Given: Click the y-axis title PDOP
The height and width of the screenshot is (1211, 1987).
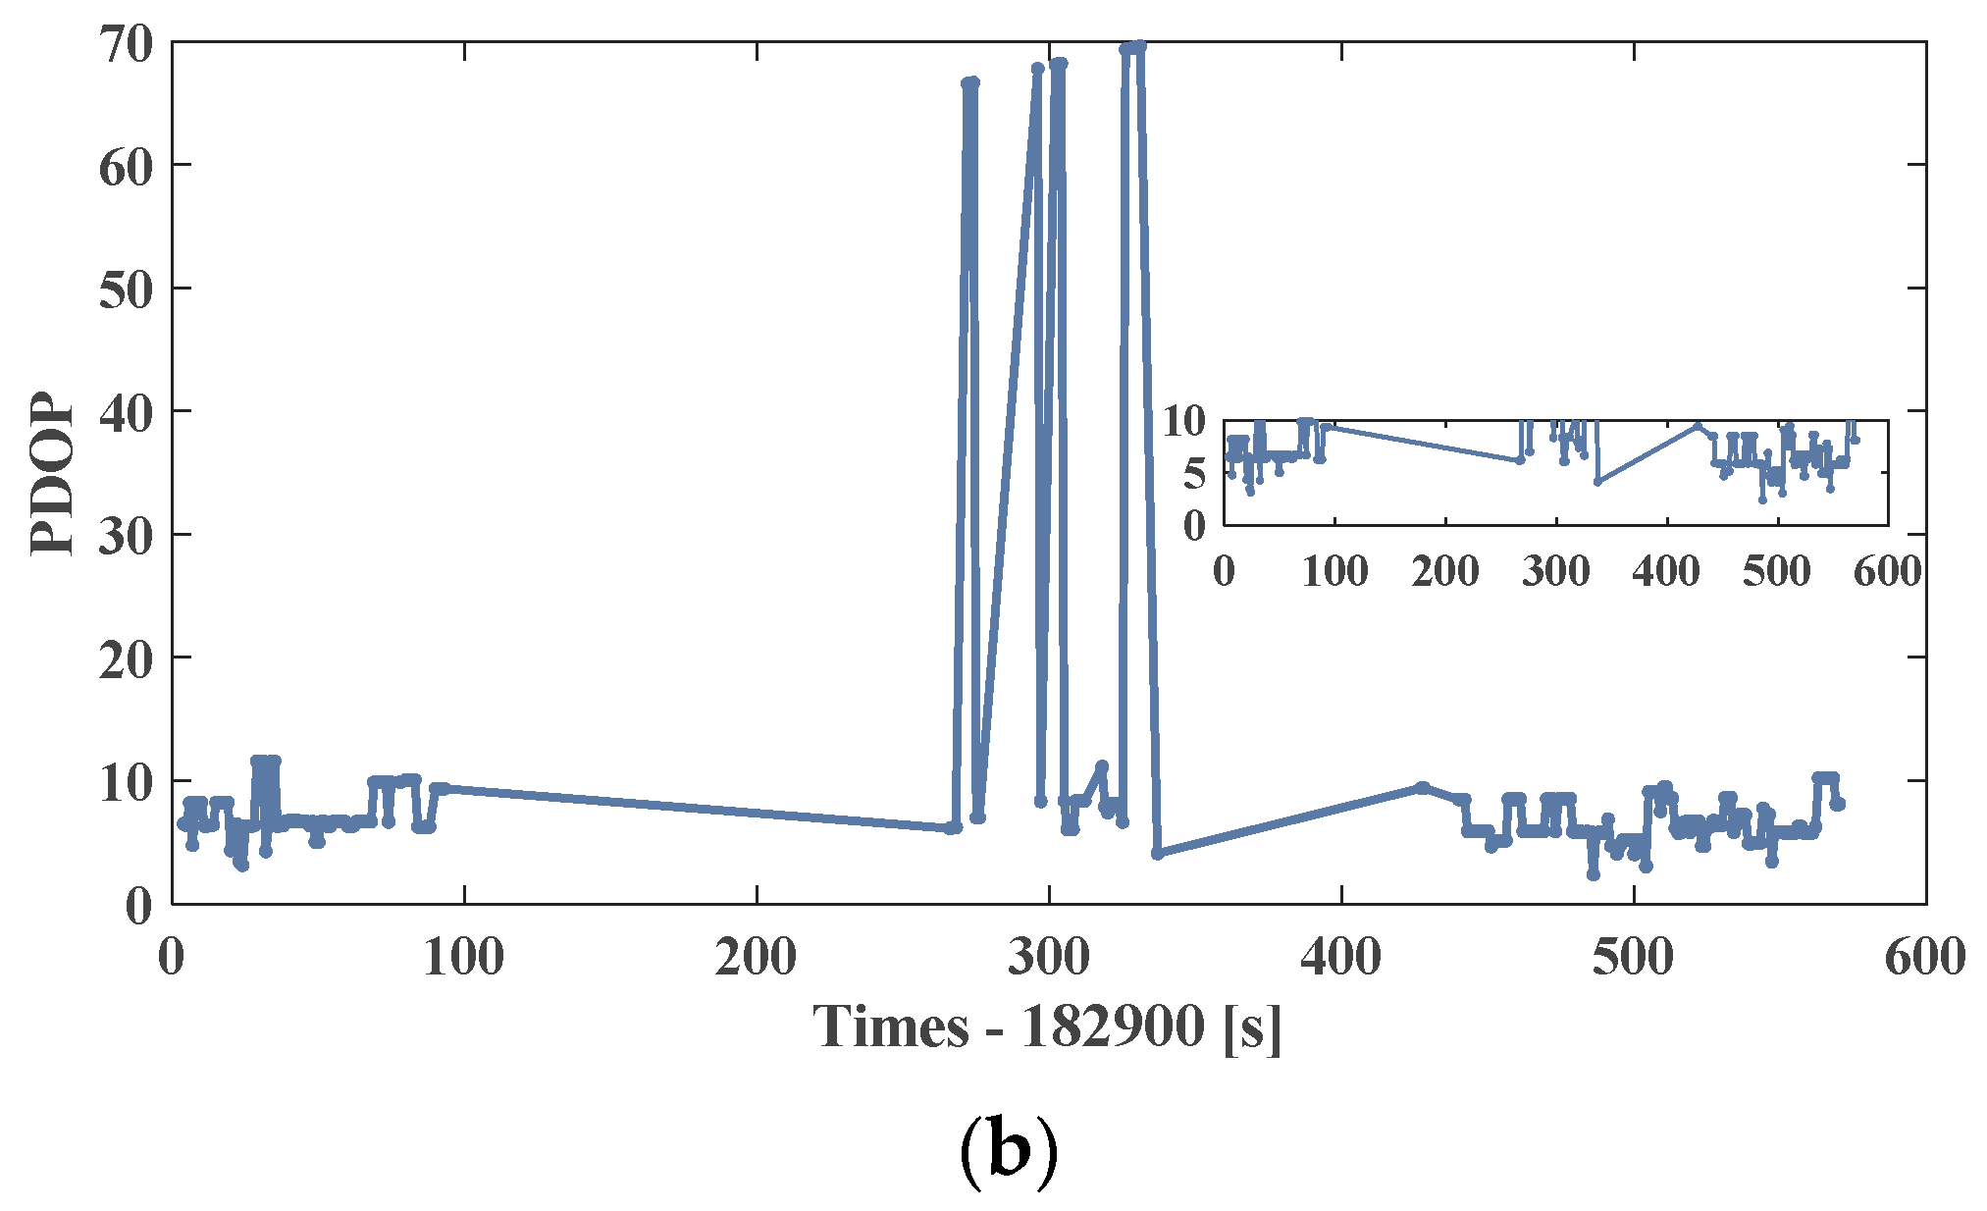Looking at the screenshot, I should (51, 474).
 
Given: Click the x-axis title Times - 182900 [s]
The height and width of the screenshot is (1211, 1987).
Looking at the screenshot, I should (1047, 1027).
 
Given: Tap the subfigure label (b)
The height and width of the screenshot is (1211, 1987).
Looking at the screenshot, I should (1008, 1150).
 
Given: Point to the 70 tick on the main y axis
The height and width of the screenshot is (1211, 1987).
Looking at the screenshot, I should (126, 44).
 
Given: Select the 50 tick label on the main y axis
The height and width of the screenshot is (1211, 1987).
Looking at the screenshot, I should (126, 290).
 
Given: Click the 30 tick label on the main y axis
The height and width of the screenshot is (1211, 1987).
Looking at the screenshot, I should (126, 537).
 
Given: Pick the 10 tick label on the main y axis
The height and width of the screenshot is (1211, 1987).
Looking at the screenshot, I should (126, 783).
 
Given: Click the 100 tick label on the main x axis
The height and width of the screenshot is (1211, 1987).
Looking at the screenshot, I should (463, 957).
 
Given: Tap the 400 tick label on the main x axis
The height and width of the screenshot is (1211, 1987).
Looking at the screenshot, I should (1340, 957).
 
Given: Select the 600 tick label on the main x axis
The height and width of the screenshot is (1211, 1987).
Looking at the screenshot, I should (1924, 957).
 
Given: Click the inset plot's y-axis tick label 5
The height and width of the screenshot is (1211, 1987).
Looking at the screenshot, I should (1193, 474).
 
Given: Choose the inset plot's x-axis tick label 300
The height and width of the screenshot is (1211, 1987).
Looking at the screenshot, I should (1555, 571).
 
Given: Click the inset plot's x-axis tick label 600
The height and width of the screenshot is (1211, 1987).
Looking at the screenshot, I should (1886, 571).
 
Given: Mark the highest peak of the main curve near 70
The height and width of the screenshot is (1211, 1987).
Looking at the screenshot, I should (1139, 46).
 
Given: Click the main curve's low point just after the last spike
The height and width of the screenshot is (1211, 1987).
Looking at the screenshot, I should (1158, 854).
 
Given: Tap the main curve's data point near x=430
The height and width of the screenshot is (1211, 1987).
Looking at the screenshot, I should (1422, 787).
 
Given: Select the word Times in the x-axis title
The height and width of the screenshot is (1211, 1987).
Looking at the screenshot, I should (890, 1027).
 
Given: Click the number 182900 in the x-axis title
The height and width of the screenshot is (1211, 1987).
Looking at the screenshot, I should (1113, 1027).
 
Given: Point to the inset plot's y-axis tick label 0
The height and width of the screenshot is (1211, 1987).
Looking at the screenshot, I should (1193, 527).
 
